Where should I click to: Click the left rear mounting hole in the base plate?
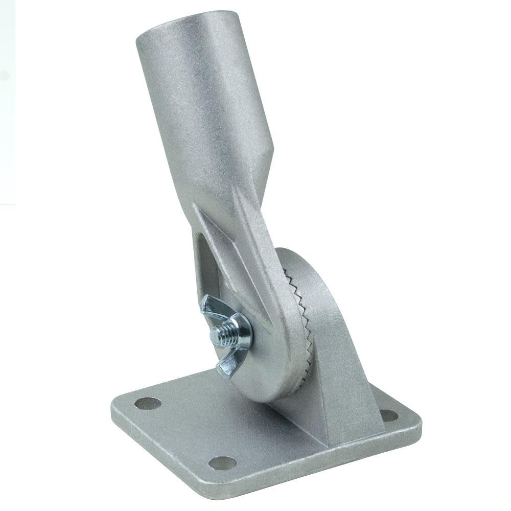(148, 404)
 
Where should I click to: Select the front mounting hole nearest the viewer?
(223, 462)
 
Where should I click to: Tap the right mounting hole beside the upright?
(389, 415)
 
